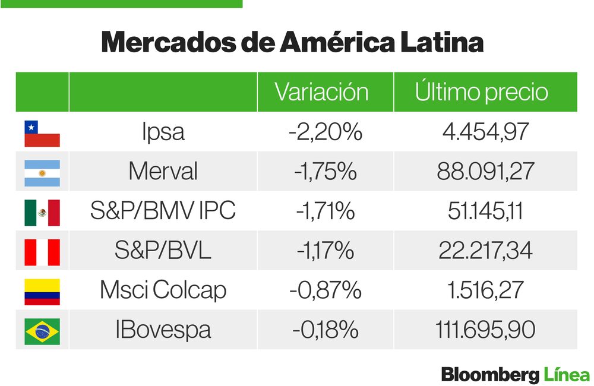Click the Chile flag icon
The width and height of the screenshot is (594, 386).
42,134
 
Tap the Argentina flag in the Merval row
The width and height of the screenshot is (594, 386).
42,173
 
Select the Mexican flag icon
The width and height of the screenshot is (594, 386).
42,213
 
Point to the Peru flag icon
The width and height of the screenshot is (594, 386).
42,252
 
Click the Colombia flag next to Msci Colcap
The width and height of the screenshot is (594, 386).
42,292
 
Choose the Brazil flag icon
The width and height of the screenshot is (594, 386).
42,331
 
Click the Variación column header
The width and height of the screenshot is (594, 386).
321,92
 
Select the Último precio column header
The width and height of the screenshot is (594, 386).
481,92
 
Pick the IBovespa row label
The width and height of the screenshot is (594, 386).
163,330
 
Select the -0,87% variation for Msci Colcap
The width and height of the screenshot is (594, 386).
325,290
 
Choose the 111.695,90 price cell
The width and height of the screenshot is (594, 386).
485,330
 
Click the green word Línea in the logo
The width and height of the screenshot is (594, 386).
566,374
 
